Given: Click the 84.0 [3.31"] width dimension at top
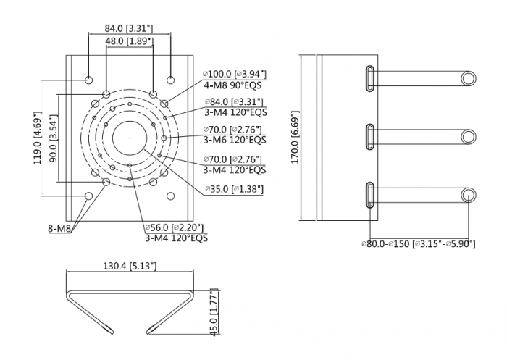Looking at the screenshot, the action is pos(128,28).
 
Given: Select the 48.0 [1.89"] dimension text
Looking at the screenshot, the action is pos(130,41).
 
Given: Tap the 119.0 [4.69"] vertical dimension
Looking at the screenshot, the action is pos(38,138).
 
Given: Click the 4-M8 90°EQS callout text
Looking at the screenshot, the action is pos(232,85).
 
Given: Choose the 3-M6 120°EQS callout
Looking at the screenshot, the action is pos(235,140).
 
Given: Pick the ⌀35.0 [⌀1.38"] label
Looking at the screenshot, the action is pos(234,189).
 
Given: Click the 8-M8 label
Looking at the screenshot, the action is pos(59,228).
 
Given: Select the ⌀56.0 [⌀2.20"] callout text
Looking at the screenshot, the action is pos(175,227).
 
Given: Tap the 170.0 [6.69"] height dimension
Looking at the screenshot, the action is pos(296,137).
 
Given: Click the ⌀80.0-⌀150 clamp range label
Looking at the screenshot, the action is pos(419,243).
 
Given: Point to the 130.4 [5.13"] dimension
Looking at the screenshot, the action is pos(130,266).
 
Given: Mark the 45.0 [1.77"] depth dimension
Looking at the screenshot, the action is pos(214,311).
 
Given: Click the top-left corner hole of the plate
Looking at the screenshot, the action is pos(88,80).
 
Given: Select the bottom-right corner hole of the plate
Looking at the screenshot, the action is pos(170,196).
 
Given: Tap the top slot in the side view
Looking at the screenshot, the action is pos(370,78).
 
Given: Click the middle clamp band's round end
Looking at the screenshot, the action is pos(468,137).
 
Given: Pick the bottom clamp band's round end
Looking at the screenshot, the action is pos(468,195).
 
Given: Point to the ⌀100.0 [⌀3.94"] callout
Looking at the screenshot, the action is pos(235,74).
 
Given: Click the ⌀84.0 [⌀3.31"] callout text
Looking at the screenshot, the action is pos(234,102).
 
